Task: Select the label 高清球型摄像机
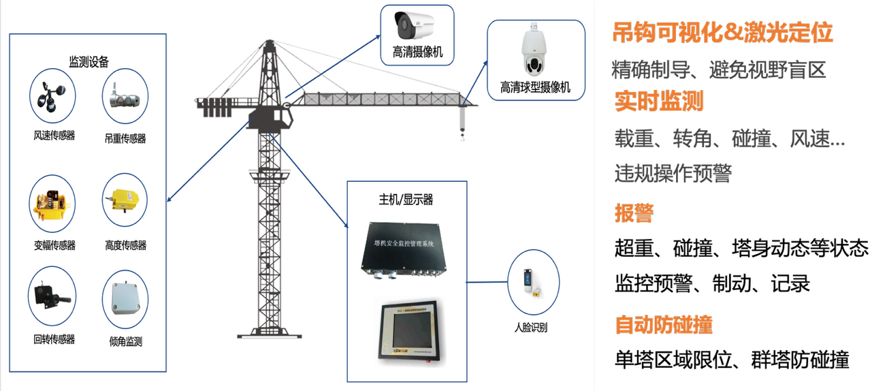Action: [535, 88]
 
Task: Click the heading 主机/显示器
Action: [406, 200]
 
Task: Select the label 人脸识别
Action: [531, 328]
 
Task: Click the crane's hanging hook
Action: [462, 136]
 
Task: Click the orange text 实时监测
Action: [658, 101]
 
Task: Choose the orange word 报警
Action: [634, 213]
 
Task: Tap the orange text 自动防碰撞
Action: [664, 325]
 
